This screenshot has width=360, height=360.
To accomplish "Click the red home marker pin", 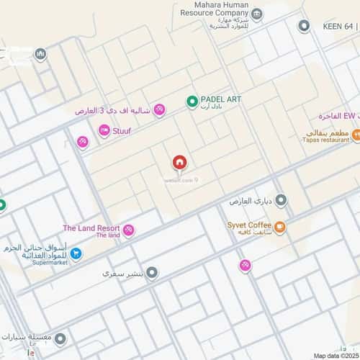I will point(179,163).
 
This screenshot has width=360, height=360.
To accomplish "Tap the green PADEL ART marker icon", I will point(192,102).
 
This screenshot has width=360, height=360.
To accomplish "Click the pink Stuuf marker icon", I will point(104,130).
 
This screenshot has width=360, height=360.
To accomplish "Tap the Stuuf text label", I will point(122,131).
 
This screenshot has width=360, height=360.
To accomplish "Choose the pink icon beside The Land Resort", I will point(129,230).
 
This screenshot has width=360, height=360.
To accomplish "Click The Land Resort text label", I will point(89,228).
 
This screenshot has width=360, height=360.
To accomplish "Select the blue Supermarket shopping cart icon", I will point(76,253).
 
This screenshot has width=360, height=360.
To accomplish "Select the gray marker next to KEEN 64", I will point(304,26).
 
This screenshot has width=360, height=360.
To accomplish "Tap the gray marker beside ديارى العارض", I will point(281,200).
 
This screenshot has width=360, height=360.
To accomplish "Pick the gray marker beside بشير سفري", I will point(152,274).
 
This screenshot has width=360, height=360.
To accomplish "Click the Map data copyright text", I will point(336,355).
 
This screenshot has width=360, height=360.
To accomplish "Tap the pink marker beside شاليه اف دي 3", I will point(159,110).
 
